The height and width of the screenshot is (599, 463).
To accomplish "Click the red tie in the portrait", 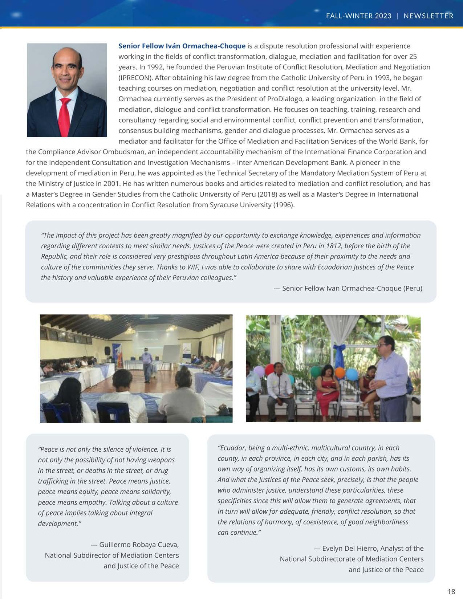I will (x=65, y=116).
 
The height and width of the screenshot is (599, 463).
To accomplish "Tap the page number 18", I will (x=451, y=591).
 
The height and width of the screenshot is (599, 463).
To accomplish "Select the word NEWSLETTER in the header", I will (x=429, y=16).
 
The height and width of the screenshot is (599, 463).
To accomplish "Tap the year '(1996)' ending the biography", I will (x=284, y=205).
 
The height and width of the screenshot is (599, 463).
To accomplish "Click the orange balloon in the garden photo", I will (x=340, y=372).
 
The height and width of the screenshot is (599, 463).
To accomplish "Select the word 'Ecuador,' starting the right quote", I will (x=232, y=448).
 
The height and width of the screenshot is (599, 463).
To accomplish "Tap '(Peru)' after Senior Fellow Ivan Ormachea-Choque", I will (x=413, y=288).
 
